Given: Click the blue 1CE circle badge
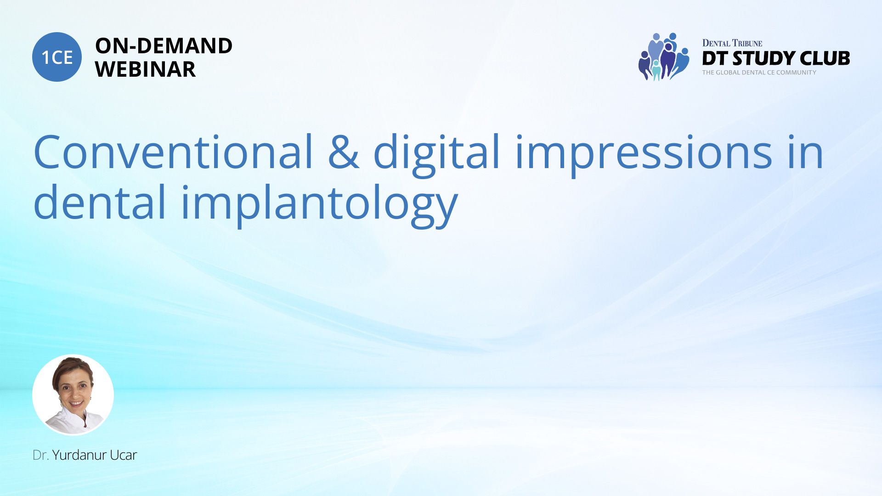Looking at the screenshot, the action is point(57,57).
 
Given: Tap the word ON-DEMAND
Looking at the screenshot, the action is point(164,46).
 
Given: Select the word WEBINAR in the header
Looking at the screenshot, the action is point(145,69).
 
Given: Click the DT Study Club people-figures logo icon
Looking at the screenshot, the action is point(664,56).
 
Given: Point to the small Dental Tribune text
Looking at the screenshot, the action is point(732,43).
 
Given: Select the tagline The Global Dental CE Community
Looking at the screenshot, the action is point(759,73).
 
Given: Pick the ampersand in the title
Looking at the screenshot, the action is point(344,152).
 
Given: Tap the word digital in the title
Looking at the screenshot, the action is point(436,155).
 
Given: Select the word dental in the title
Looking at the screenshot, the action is point(100,202).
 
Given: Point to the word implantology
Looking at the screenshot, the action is point(320,206).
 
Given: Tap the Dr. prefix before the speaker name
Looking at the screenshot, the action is point(41,455).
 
